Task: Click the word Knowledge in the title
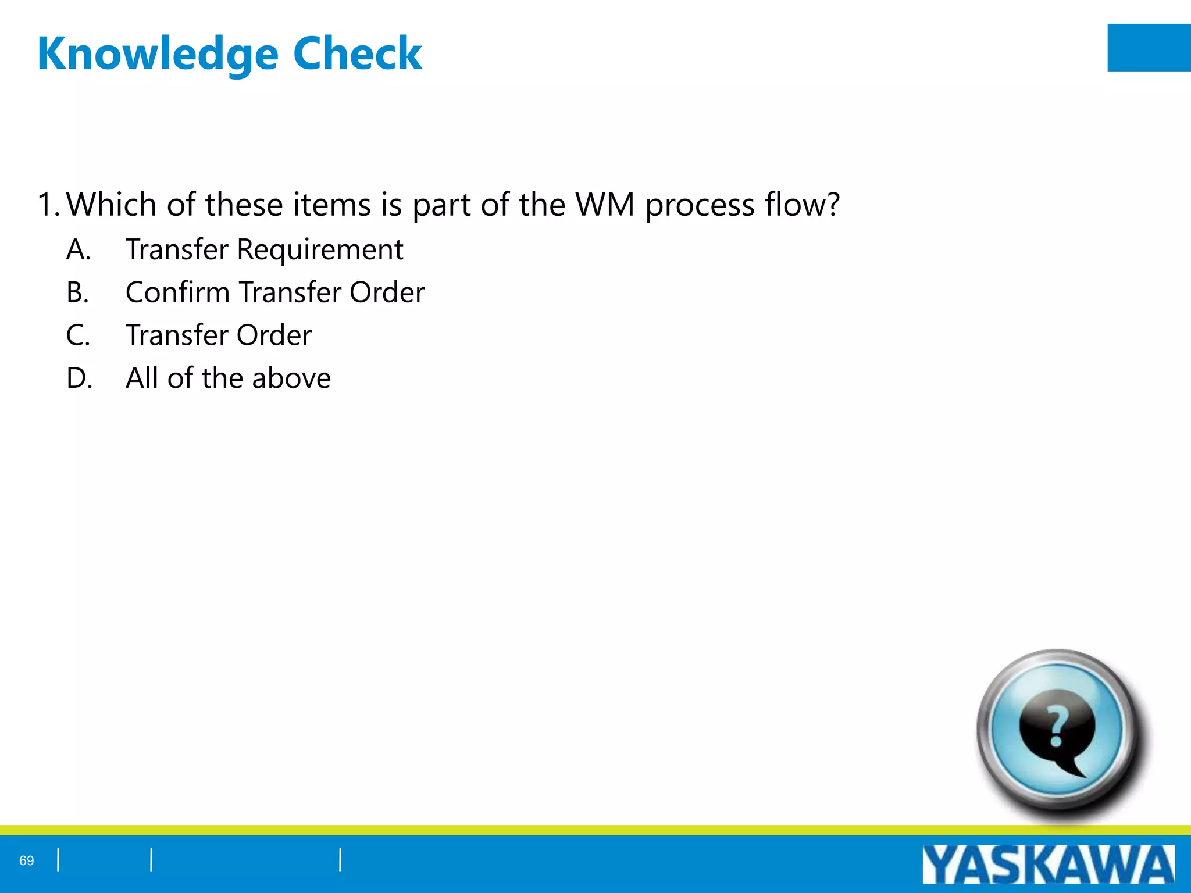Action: click(158, 54)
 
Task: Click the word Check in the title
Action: click(357, 53)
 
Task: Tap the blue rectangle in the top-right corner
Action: click(1149, 48)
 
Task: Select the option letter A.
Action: click(79, 249)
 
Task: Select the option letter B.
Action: click(77, 292)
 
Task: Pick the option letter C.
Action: click(78, 335)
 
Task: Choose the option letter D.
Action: click(79, 378)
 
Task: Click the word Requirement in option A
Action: click(320, 251)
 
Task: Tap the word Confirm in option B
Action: click(177, 292)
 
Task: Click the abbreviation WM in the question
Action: click(605, 205)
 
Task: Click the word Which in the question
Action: click(112, 205)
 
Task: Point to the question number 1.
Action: click(47, 205)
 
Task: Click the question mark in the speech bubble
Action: click(1057, 727)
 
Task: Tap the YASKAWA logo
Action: click(1048, 865)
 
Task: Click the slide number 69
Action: click(27, 860)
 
